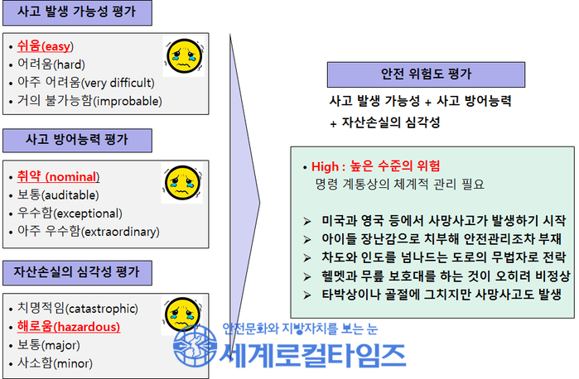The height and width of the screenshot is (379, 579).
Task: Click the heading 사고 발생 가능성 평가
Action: (x=77, y=12)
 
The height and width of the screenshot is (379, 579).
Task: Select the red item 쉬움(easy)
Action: (x=46, y=46)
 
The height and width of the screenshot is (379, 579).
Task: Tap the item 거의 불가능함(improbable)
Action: (x=89, y=101)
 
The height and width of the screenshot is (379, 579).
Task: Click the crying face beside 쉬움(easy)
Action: (x=184, y=56)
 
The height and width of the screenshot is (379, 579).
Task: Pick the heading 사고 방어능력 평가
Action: (x=77, y=140)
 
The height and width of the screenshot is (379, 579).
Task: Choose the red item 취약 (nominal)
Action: (x=58, y=176)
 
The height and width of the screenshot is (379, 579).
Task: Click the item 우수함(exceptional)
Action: (x=70, y=213)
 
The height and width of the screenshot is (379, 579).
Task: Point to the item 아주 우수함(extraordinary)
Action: (x=89, y=232)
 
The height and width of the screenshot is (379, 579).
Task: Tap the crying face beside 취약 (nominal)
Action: (x=182, y=183)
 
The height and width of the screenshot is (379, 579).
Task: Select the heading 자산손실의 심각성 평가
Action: (x=76, y=272)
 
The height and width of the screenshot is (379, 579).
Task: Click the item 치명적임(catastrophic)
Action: (x=78, y=308)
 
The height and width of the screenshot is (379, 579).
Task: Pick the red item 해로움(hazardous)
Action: (x=69, y=327)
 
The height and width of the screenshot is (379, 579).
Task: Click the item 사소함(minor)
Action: (x=55, y=363)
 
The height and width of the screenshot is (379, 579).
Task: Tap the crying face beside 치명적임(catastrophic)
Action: (x=183, y=314)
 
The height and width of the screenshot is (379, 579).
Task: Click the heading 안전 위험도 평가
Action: (x=426, y=74)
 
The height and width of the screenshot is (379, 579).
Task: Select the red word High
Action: (x=325, y=166)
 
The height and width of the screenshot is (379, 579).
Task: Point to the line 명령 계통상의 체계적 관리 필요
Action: (x=399, y=185)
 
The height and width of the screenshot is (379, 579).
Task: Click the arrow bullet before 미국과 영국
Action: (x=306, y=222)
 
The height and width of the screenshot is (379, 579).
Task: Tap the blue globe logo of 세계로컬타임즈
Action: (x=195, y=346)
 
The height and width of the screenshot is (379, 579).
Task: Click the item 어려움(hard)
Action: (x=51, y=65)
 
